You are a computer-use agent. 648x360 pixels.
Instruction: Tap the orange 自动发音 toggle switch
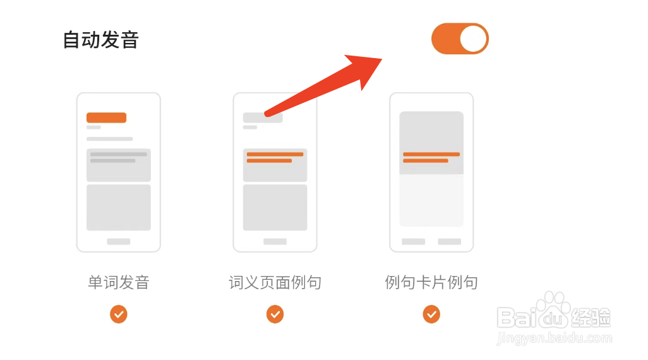(x=460, y=39)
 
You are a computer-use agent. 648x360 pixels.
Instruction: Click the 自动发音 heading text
(x=100, y=40)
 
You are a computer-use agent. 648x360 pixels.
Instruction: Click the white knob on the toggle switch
(x=473, y=39)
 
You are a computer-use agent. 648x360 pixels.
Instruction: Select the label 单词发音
(x=119, y=282)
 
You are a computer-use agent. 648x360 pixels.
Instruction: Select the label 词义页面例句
(x=275, y=282)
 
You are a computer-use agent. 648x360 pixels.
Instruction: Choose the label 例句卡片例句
(x=431, y=282)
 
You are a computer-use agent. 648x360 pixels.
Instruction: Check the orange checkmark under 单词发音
(x=119, y=314)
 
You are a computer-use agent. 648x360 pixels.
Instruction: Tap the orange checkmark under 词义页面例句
(x=275, y=314)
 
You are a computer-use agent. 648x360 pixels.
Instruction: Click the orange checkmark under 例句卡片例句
(x=431, y=314)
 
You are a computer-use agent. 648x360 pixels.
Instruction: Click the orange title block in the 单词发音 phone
(x=106, y=117)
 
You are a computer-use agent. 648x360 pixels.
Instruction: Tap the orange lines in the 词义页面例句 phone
(x=275, y=157)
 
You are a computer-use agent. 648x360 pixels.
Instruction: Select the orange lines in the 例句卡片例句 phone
(x=431, y=157)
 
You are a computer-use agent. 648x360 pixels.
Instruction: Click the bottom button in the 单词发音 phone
(x=119, y=241)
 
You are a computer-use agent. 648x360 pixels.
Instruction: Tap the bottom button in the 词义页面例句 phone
(x=275, y=241)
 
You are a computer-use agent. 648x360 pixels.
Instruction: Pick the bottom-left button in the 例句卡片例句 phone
(x=414, y=241)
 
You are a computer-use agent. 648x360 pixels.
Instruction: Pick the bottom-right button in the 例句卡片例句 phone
(x=449, y=241)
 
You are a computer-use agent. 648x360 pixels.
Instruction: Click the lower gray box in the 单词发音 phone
(x=119, y=207)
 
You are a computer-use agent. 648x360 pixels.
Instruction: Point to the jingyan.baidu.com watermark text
(x=555, y=339)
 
